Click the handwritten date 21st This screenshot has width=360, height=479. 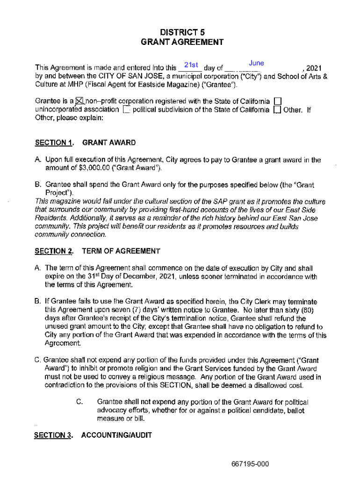coord(192,65)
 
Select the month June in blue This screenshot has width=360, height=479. coord(257,63)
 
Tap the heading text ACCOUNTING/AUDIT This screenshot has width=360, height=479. coord(116,435)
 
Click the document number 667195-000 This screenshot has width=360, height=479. coord(250,464)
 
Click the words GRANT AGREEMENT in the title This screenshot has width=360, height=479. coord(182,43)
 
